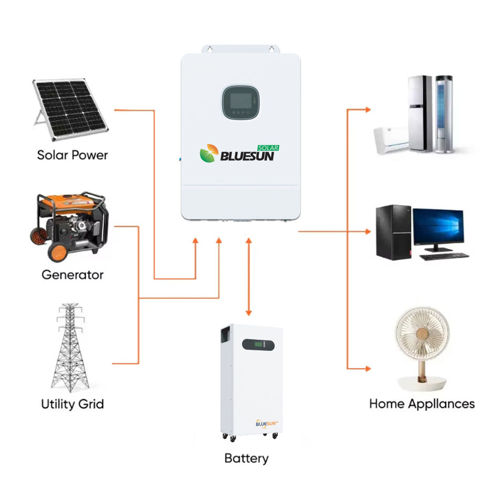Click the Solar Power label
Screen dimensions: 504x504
pos(72,155)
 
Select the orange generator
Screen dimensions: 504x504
pos(70,226)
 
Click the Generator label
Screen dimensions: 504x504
pos(72,275)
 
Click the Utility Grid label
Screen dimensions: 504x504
pos(72,404)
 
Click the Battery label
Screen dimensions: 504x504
pos(246,458)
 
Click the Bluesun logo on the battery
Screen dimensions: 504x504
pos(266,423)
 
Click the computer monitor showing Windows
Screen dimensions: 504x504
pos(438,229)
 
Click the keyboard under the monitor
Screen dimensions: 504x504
pos(444,257)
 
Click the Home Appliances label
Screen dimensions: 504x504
pos(422,404)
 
